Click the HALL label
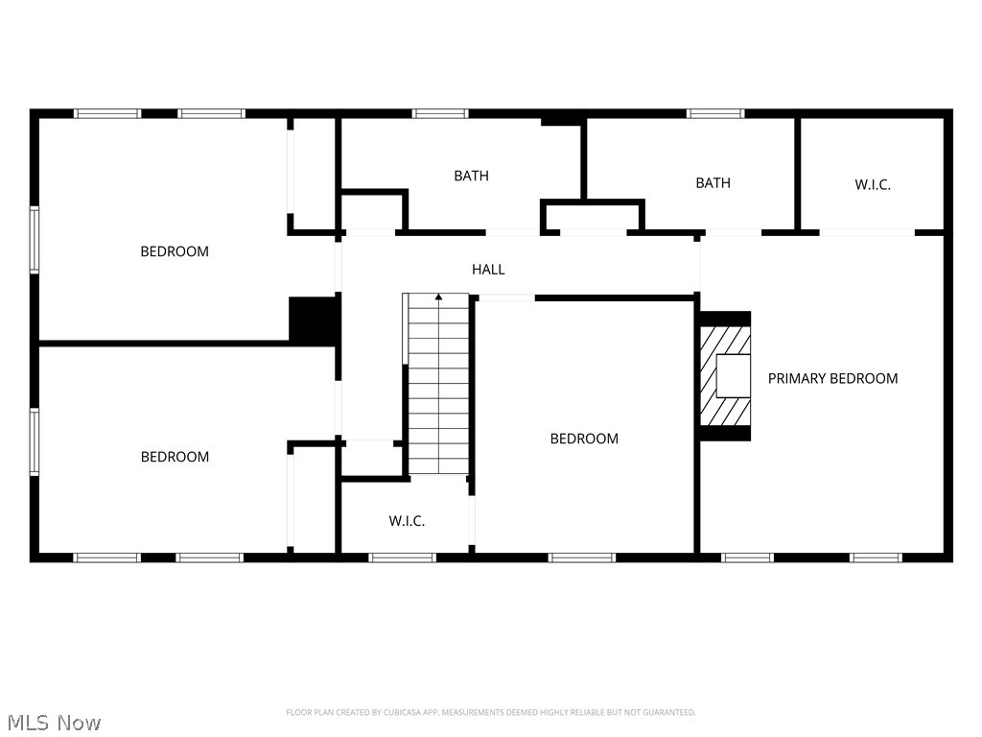click(x=488, y=270)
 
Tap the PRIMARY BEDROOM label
click(x=832, y=378)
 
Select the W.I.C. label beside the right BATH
click(x=873, y=185)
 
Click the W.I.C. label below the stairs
click(x=407, y=521)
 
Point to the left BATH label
click(x=471, y=177)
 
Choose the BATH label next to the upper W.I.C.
click(x=713, y=183)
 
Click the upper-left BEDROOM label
click(x=175, y=251)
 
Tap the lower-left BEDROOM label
click(x=175, y=457)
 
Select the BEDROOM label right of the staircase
click(x=584, y=439)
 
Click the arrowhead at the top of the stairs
click(x=438, y=297)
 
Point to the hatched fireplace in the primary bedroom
click(x=725, y=376)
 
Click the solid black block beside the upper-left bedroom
click(x=315, y=319)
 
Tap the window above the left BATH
click(x=439, y=113)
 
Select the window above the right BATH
click(x=715, y=113)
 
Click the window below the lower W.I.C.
click(x=402, y=558)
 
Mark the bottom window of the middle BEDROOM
click(x=582, y=558)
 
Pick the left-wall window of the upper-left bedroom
click(x=35, y=239)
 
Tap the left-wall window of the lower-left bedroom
click(x=35, y=441)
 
